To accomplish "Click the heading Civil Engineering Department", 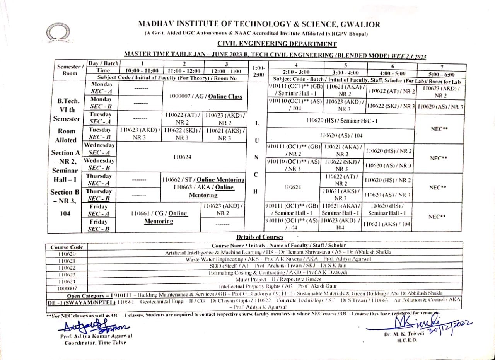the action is pos(277,44).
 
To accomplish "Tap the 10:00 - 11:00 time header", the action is pos(142,71).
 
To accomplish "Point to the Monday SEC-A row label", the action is pos(101,87).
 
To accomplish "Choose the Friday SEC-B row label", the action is pos(98,225).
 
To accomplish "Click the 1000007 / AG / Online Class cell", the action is pos(206,96).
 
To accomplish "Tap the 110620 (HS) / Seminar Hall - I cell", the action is pos(341,121).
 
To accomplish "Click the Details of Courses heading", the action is pos(259,237).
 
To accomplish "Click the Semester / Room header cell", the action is pos(70,70).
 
